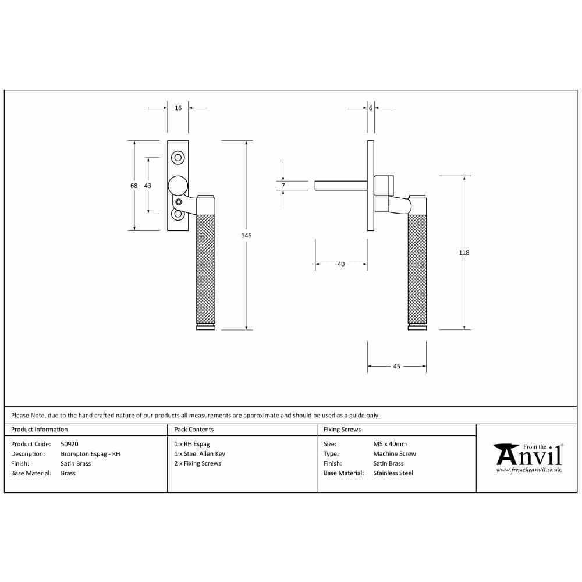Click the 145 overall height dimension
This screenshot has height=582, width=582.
click(246, 235)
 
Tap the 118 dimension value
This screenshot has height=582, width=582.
click(464, 253)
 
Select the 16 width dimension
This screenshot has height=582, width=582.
click(178, 108)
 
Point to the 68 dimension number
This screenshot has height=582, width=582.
click(134, 186)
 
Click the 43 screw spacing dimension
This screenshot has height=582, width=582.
click(147, 186)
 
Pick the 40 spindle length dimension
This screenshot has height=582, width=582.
click(341, 264)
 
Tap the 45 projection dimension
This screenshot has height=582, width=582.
click(397, 367)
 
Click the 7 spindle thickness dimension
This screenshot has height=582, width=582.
click(283, 186)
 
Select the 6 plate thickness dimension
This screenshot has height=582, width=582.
click(370, 108)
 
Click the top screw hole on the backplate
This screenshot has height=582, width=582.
click(178, 157)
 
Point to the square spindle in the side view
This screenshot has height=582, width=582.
click(340, 186)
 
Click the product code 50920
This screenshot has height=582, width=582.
click(70, 444)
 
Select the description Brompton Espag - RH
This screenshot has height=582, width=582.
click(90, 454)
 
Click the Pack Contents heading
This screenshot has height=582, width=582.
click(194, 430)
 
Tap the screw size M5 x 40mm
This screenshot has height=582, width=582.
click(390, 444)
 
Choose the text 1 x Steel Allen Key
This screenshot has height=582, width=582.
click(200, 454)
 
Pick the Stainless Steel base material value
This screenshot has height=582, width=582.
click(393, 473)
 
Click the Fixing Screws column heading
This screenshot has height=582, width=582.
click(342, 430)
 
